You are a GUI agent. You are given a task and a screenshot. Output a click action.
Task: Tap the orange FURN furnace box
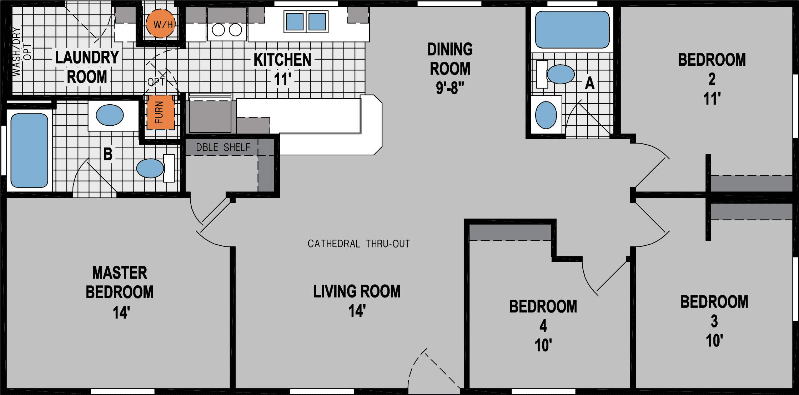point(160,112)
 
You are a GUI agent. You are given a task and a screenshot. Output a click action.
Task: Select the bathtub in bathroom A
point(572,30)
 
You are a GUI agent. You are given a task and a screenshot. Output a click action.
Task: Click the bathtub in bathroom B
point(29,150)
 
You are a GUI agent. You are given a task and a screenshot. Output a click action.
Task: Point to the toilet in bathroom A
point(560,74)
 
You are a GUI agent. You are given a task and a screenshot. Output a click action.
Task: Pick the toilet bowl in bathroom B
point(150,168)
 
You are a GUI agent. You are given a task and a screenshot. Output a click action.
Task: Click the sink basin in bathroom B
point(110,115)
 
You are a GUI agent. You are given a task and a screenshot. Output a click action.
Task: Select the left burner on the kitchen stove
point(218,30)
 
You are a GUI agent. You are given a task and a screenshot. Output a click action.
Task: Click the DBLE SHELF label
point(223,147)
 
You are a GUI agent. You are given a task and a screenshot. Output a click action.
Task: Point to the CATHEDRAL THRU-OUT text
point(358,244)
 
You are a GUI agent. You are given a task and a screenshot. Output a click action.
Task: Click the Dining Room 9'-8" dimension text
point(450,88)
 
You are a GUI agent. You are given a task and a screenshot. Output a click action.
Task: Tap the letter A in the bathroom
point(590,83)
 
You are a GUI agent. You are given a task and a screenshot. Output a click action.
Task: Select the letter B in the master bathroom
point(108,154)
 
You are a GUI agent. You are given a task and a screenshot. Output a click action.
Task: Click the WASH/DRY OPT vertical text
point(21,52)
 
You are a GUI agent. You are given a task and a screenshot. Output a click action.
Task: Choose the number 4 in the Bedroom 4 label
point(543,326)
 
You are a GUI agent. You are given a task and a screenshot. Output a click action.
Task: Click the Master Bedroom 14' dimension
point(121,312)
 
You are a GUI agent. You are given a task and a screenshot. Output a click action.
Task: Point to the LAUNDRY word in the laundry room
point(87,57)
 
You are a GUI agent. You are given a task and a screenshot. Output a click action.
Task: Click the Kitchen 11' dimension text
point(282,79)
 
